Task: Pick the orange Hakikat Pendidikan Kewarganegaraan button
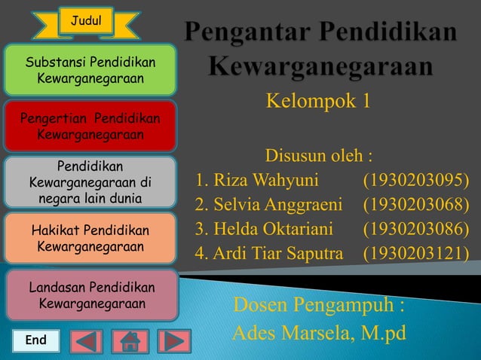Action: click(90, 238)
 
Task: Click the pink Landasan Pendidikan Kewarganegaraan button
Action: click(90, 296)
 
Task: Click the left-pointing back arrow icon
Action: click(86, 341)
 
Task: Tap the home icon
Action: click(130, 341)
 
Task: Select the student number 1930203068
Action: click(415, 205)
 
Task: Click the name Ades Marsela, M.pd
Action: click(319, 332)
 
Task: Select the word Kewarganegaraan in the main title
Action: click(320, 67)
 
